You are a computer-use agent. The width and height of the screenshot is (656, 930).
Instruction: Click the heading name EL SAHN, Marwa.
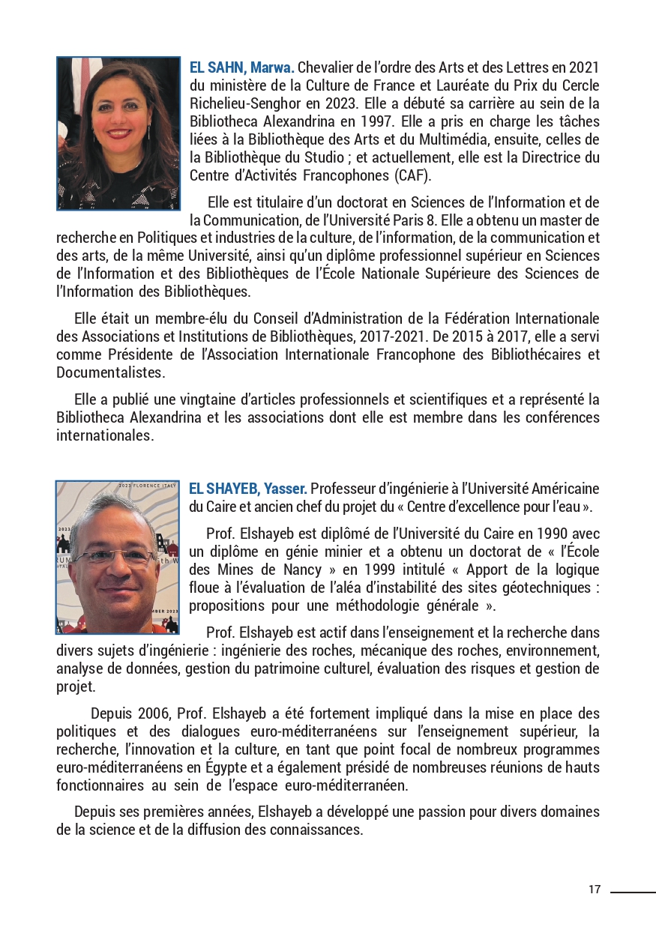[x=242, y=68]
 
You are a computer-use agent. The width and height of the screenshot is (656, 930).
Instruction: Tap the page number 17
[x=595, y=890]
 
